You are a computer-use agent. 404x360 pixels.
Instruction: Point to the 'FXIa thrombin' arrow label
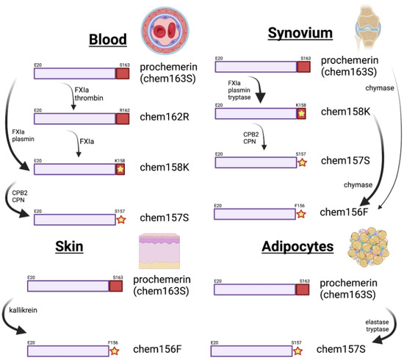84,92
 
